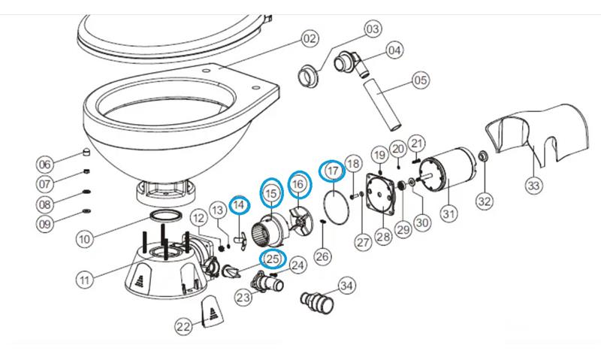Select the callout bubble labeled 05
coord(421,80)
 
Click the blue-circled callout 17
coord(331,171)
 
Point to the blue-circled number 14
coord(239,205)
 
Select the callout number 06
coord(45,165)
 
